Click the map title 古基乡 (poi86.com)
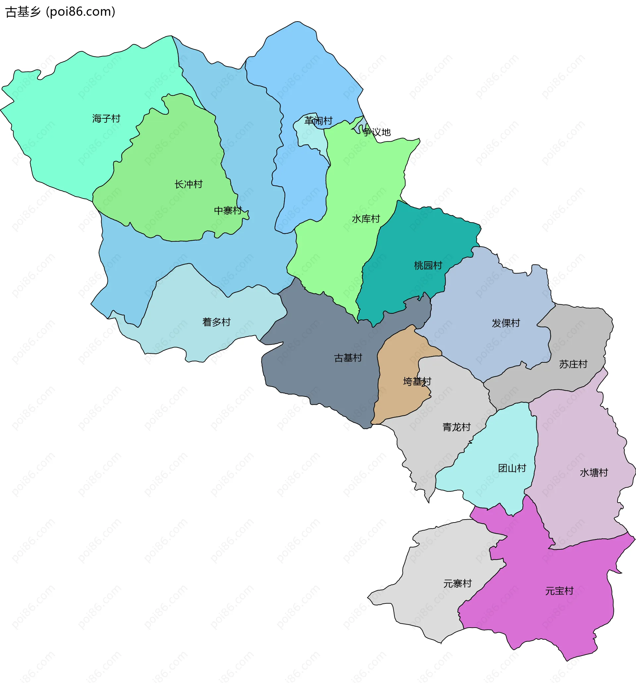coord(60,12)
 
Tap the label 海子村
coord(106,118)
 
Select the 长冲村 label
coord(188,184)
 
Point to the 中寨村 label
coord(228,210)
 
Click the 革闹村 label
coord(319,121)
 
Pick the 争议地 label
coord(377,132)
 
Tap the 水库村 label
coord(366,219)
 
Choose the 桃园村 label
coord(428,265)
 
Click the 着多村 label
coord(216,322)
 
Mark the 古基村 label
coord(348,358)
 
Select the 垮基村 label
coord(417,381)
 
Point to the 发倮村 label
coord(506,323)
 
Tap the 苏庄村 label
coord(573,364)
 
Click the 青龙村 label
coord(456,427)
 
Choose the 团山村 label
coord(512,468)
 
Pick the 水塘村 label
coord(594,473)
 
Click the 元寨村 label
coord(457,583)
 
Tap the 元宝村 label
coord(559,591)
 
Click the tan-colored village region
coord(398,399)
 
